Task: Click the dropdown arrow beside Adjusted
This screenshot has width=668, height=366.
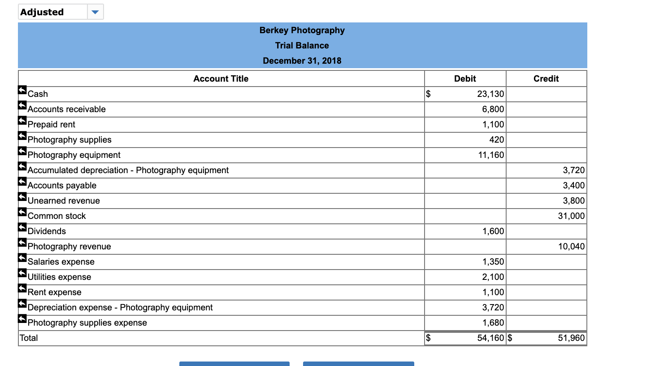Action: pos(95,12)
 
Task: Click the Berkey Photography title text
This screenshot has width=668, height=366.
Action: pos(302,30)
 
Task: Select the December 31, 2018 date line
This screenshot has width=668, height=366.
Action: pos(302,61)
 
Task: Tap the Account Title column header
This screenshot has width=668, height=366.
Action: pos(221,78)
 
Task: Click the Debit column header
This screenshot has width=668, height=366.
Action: pos(465,78)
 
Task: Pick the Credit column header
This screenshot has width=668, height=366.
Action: pos(546,78)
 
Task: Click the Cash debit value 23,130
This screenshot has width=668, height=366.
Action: pos(490,94)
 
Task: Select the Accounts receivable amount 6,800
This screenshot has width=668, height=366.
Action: pos(493,109)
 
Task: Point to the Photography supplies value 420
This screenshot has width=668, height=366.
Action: pos(496,139)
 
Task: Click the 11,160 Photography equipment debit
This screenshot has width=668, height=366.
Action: pos(491,155)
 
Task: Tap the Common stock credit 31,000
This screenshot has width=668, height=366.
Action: pos(571,216)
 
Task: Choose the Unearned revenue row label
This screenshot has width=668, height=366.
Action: pos(64,200)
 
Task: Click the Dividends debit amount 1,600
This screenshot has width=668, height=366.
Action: pos(493,231)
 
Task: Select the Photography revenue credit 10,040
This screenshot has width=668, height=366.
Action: pos(571,246)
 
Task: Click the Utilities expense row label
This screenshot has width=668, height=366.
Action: pos(59,277)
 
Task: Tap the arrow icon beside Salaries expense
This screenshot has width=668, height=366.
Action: pos(22,258)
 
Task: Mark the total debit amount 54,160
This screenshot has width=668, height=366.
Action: pos(490,338)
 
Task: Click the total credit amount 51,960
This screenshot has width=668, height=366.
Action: pos(571,338)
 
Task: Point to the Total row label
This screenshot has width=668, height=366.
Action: pos(29,338)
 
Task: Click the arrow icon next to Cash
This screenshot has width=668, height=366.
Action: pos(22,90)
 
